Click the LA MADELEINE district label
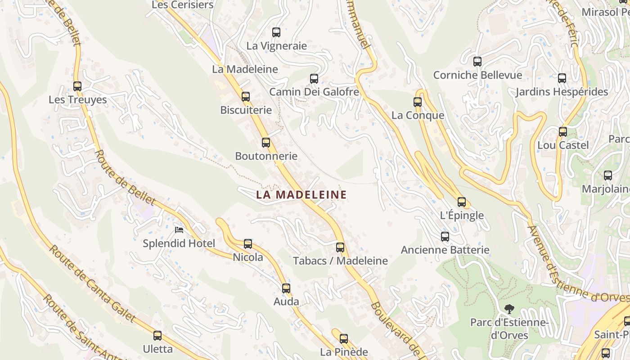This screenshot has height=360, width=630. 301,195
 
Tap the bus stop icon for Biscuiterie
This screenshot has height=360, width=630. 246,97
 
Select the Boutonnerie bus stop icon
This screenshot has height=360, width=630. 266,143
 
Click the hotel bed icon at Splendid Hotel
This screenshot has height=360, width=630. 179,230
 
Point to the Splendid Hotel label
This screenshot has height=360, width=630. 179,243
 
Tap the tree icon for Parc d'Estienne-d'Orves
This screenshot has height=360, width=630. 509,309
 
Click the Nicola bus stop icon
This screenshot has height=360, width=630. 248,244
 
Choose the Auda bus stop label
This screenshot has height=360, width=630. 286,301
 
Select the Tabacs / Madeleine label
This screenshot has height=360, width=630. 340,261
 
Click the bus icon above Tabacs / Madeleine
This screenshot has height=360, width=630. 340,247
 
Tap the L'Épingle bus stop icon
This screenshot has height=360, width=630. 462,202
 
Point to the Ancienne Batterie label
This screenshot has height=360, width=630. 445,250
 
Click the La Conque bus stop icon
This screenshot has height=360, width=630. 418,102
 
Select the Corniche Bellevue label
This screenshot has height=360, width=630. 477,75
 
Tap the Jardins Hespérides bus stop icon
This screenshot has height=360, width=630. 562,78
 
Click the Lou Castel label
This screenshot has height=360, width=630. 563,145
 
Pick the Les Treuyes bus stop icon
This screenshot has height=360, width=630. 77,86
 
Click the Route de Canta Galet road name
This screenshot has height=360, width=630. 92,284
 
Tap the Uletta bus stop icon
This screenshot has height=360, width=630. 157,336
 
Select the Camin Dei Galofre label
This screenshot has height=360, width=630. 314,92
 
